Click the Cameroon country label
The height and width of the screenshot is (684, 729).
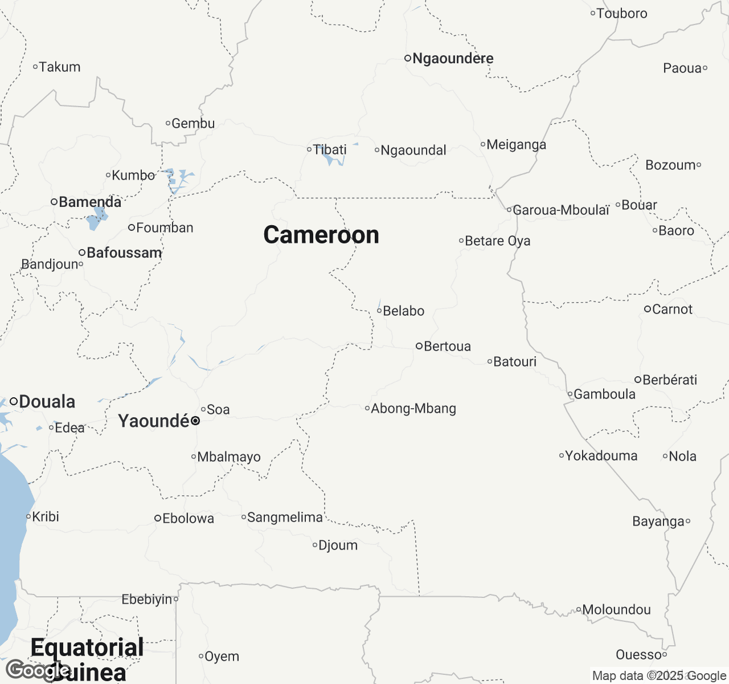pyautogui.click(x=321, y=235)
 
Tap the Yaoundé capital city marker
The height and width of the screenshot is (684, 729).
pyautogui.click(x=195, y=421)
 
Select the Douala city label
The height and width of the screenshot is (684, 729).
pyautogui.click(x=47, y=401)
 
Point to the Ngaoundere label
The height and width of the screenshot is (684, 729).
pyautogui.click(x=453, y=58)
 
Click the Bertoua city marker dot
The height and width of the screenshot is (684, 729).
pyautogui.click(x=419, y=346)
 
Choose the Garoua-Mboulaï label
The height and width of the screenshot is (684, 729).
pyautogui.click(x=561, y=210)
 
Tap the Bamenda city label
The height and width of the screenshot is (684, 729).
pyautogui.click(x=90, y=202)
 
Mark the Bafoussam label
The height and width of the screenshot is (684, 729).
pyautogui.click(x=124, y=253)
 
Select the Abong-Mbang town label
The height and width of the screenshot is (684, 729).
pyautogui.click(x=413, y=408)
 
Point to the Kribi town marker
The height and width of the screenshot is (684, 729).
pyautogui.click(x=28, y=516)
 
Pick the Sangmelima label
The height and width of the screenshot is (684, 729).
pyautogui.click(x=285, y=517)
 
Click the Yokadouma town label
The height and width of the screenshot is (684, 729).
pyautogui.click(x=601, y=455)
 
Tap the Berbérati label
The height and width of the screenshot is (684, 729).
pyautogui.click(x=670, y=380)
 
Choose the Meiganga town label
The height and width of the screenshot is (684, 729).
pyautogui.click(x=516, y=144)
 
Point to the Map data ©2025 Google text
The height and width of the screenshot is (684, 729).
pyautogui.click(x=659, y=675)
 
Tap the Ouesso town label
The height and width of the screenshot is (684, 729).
pyautogui.click(x=638, y=654)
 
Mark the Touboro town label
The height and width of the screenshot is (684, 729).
pyautogui.click(x=622, y=13)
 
